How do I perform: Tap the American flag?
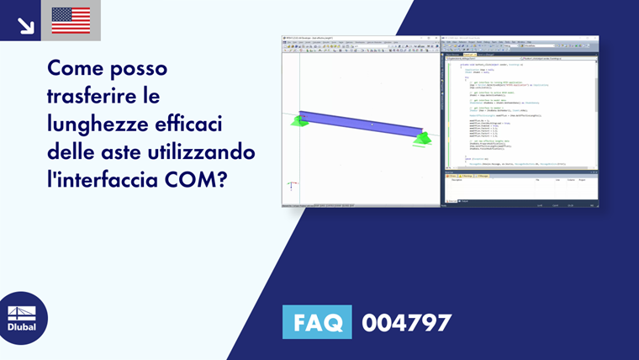[71, 20]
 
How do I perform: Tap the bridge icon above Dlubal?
[21, 311]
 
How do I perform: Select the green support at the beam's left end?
[298, 121]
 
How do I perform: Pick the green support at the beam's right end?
[422, 139]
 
